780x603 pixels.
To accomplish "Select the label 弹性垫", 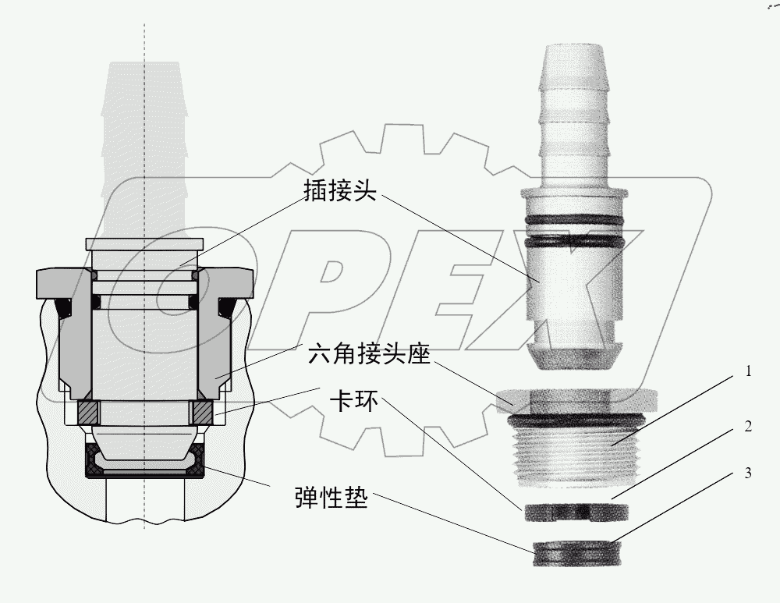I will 331,498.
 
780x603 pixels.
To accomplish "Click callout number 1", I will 748,371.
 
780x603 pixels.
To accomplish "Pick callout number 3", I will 748,473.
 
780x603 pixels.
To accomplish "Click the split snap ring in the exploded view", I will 576,512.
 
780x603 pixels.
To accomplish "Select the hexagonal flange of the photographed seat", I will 576,402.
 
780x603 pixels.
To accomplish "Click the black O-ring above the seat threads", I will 576,421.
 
